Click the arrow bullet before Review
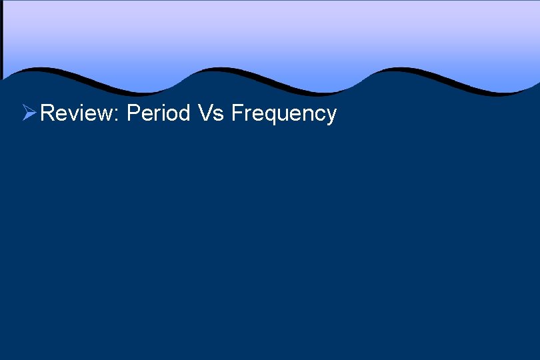tap(29, 113)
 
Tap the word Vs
tap(210, 113)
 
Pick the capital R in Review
tap(47, 113)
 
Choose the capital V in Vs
tap(205, 113)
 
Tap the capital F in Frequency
tap(237, 113)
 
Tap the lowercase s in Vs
tap(218, 115)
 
